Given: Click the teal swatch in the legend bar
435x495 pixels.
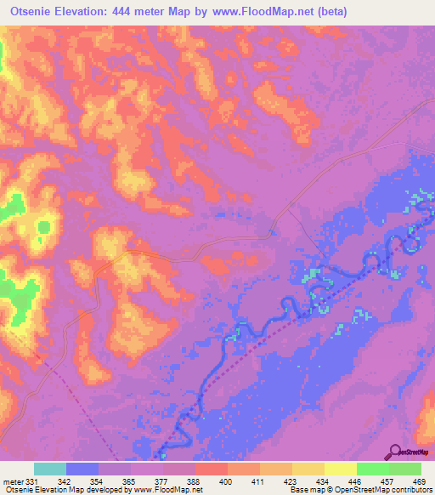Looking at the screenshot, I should pos(50,469).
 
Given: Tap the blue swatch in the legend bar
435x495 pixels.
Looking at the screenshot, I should pos(82,469).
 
